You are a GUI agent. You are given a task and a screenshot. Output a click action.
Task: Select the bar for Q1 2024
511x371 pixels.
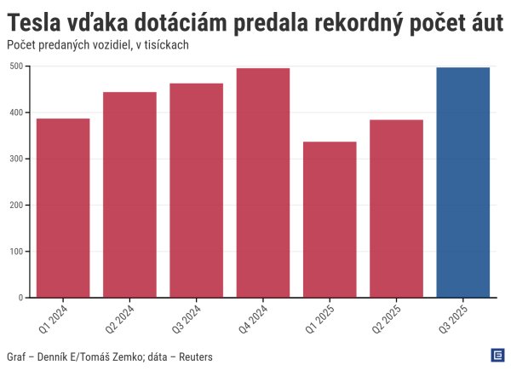pos(63,208)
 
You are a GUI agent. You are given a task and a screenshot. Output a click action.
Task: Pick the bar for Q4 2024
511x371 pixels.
pos(263,183)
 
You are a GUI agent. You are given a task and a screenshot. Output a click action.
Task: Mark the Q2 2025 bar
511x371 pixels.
pos(396,209)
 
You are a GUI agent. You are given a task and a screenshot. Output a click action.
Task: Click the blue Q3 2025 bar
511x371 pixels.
pos(463,183)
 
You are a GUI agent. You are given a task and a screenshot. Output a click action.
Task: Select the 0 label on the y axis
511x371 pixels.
pos(19,299)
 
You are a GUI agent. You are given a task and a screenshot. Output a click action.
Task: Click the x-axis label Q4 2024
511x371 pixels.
pos(253,318)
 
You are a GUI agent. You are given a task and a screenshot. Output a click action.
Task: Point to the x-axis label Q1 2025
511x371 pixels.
pos(319,318)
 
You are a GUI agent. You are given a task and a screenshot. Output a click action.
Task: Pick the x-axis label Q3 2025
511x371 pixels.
pos(452,318)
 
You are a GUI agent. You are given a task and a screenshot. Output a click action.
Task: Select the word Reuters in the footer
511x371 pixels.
pos(192,356)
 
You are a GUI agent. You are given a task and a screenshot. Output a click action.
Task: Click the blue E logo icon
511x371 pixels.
pos(497,355)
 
